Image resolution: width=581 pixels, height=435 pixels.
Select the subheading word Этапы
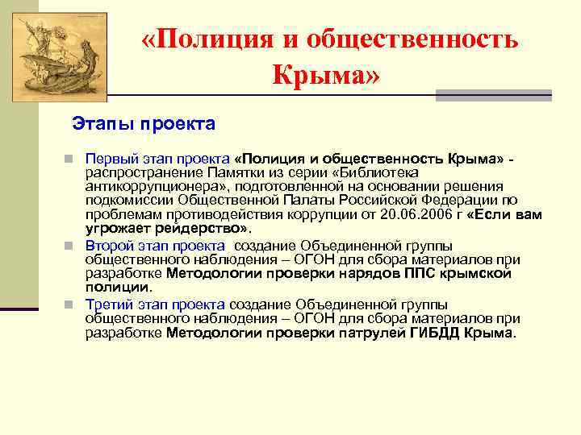pyautogui.click(x=102, y=124)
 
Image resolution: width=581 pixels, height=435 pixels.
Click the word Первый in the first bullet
pyautogui.click(x=107, y=155)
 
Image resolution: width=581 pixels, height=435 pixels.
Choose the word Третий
pyautogui.click(x=108, y=304)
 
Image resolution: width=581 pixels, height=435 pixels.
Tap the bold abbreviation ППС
pyautogui.click(x=421, y=272)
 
